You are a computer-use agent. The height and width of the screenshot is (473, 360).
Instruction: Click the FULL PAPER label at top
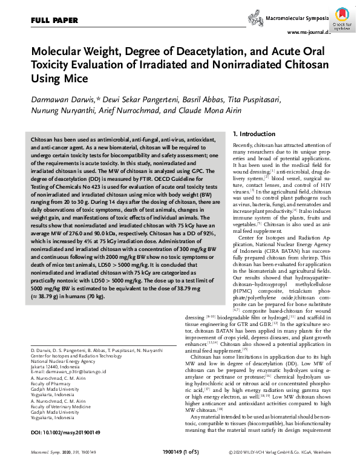[x=54, y=20]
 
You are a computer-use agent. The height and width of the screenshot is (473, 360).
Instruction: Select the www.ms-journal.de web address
[x=309, y=32]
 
